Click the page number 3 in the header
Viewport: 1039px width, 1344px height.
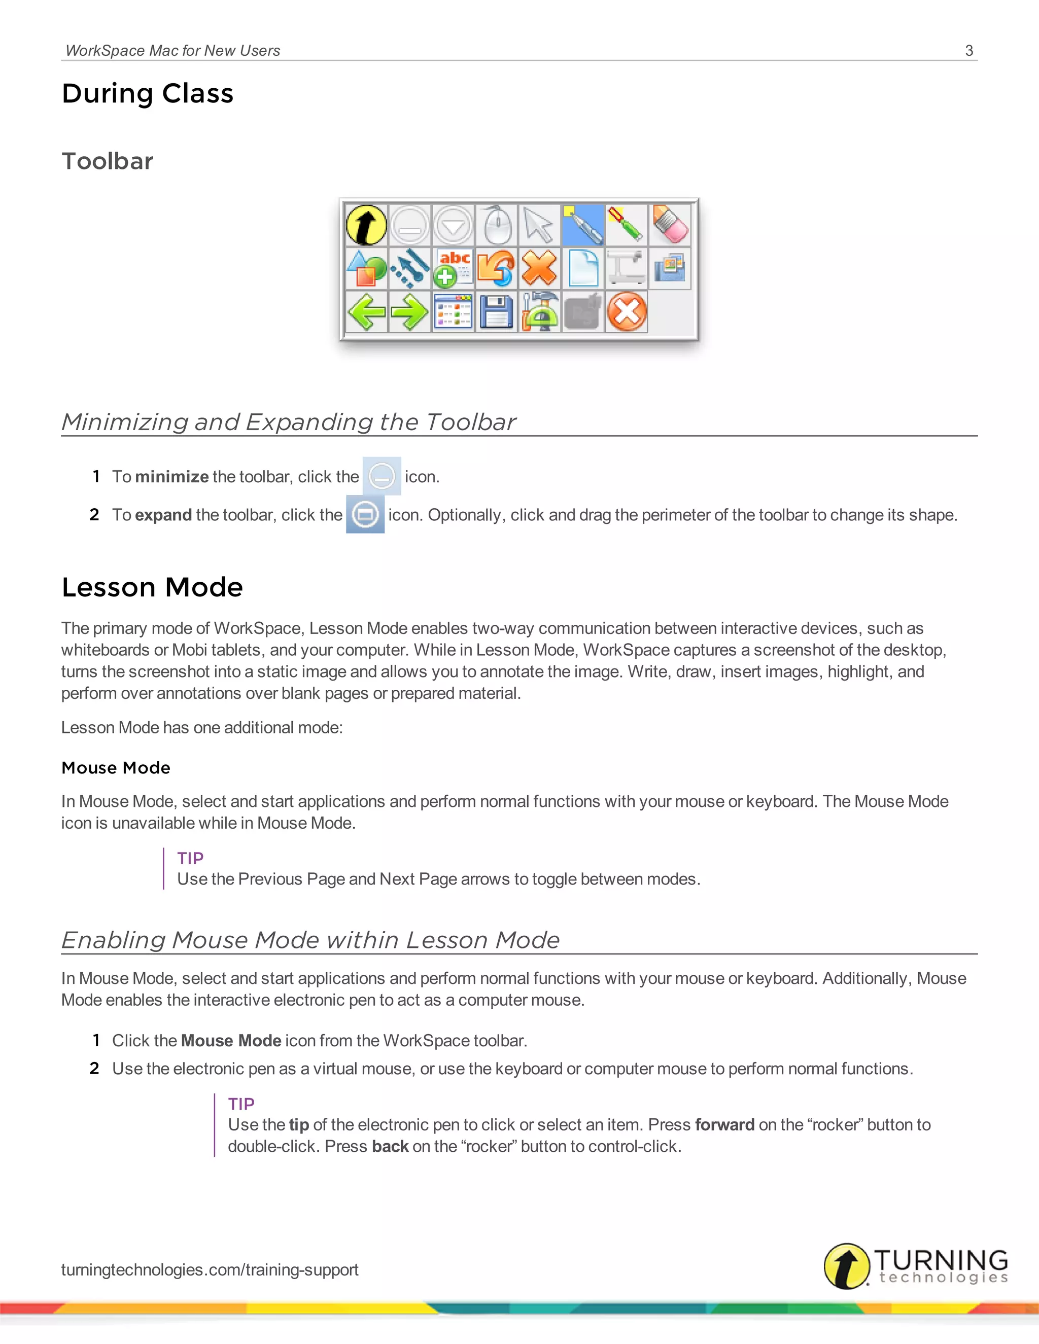coord(969,50)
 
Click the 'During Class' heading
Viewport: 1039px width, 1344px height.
coord(148,93)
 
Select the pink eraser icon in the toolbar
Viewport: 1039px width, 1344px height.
coord(670,225)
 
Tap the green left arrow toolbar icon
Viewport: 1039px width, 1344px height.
coord(367,312)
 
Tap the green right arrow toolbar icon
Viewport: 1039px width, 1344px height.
coord(410,312)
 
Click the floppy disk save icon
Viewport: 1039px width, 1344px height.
coord(496,312)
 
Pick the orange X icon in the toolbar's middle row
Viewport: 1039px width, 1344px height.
coord(539,268)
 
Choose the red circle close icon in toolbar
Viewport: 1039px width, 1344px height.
coord(627,312)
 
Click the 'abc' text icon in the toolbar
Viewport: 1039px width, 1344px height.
coord(454,268)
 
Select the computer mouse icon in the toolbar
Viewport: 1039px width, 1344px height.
coord(496,225)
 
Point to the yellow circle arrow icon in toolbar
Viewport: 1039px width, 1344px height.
coord(367,225)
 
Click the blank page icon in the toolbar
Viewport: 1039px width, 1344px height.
coord(583,268)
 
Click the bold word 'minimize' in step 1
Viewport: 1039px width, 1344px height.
coord(172,477)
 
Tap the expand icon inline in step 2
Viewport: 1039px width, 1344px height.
coord(365,514)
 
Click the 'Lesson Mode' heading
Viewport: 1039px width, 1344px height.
coord(152,587)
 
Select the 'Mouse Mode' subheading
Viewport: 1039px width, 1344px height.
coord(116,768)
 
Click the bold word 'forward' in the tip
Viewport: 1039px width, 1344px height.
coord(724,1125)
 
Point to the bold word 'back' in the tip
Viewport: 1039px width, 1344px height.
coord(390,1147)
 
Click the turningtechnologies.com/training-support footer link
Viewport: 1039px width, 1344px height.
coord(210,1269)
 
